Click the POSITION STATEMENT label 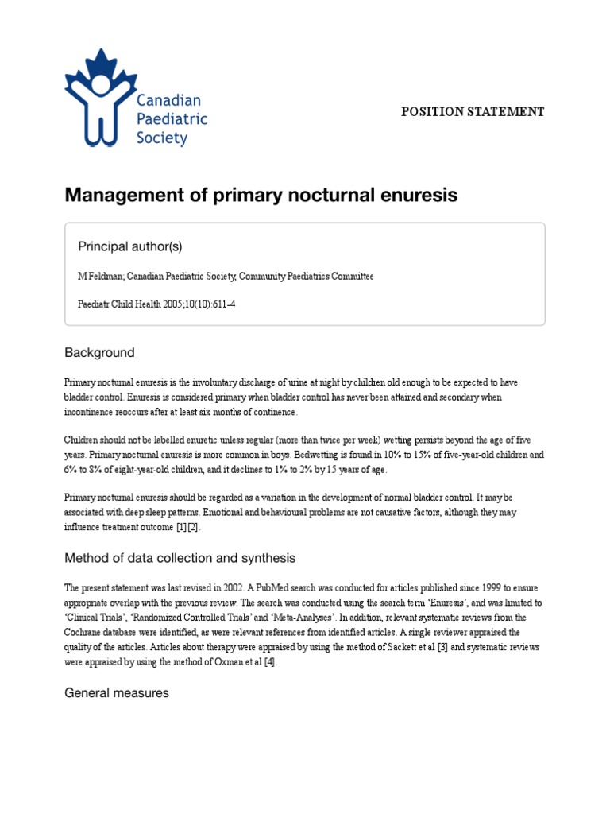[473, 112]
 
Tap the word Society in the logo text [161, 138]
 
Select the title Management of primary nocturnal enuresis [261, 195]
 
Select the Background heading [99, 352]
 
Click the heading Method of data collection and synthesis [180, 558]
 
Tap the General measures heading [117, 692]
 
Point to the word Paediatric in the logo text [172, 119]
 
